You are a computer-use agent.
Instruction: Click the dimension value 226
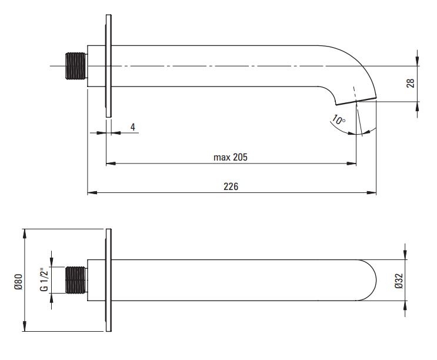[231, 186]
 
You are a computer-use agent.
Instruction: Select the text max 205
[230, 158]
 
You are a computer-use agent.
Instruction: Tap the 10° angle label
[338, 120]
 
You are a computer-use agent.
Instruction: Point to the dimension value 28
[411, 84]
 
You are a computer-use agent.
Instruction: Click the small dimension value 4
[133, 127]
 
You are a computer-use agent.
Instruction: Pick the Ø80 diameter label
[18, 282]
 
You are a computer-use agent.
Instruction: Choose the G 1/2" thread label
[44, 280]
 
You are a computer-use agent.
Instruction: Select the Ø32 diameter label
[399, 281]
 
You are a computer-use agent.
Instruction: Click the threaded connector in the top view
[75, 66]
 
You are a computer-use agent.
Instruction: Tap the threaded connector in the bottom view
[75, 280]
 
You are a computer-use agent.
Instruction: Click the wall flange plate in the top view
[108, 66]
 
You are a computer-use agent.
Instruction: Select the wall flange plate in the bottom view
[108, 281]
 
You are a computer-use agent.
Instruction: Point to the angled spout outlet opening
[356, 101]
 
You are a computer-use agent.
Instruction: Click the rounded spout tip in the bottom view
[368, 281]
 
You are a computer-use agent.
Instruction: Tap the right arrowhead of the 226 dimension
[372, 192]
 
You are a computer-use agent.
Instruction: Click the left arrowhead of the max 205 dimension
[111, 164]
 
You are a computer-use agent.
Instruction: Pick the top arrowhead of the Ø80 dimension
[25, 234]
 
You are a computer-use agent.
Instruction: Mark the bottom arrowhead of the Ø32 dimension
[405, 306]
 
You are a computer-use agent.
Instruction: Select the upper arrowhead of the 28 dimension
[417, 61]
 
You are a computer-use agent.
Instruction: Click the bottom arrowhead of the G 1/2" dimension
[52, 298]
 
